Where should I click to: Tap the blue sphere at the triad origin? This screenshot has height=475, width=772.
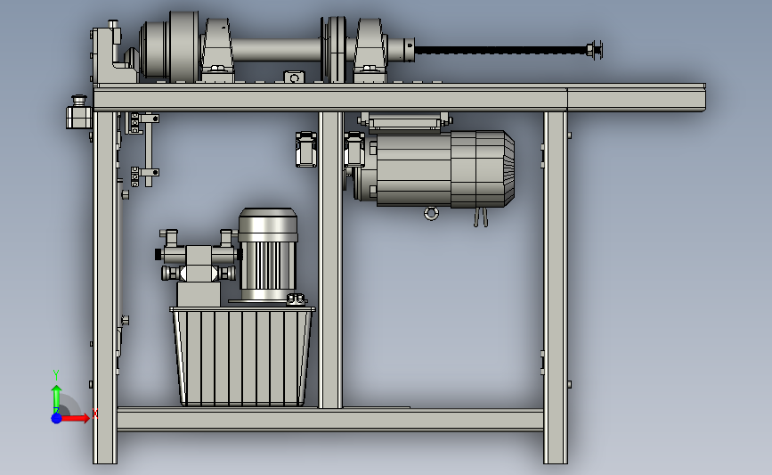click(56, 418)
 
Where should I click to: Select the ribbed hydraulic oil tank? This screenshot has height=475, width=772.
click(242, 356)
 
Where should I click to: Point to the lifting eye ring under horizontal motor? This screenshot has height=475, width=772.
click(431, 213)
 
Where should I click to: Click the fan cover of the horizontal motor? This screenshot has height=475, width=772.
click(483, 168)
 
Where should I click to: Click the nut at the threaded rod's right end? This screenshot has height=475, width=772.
click(589, 50)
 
